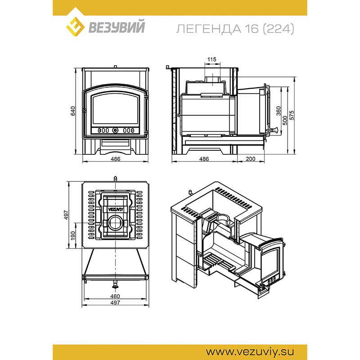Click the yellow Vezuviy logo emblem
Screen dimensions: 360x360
(75, 27)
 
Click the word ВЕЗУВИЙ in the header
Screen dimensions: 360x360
(117, 27)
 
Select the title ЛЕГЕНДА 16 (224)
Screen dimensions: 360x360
(235, 29)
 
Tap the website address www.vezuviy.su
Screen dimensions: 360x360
(250, 351)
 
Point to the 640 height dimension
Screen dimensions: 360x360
(73, 111)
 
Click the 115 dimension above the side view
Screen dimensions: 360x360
(211, 59)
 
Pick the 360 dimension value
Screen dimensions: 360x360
(279, 111)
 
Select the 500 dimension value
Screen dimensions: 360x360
(285, 120)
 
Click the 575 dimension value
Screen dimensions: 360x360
(292, 115)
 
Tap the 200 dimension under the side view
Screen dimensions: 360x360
(251, 159)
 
